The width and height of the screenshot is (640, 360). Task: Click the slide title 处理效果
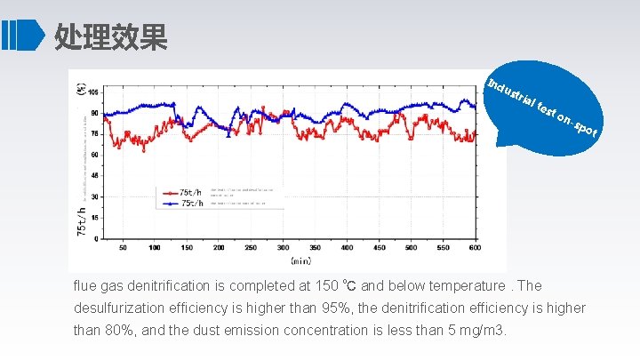110,36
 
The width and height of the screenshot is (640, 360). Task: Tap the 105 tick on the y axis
94,92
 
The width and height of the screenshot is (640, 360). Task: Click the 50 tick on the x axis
123,247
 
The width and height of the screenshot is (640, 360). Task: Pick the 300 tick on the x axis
283,247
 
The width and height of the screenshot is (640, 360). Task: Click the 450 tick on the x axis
379,247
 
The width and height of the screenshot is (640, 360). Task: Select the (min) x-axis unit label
300,261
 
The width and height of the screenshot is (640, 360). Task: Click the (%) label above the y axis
83,89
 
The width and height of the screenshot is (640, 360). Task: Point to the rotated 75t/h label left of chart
82,220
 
